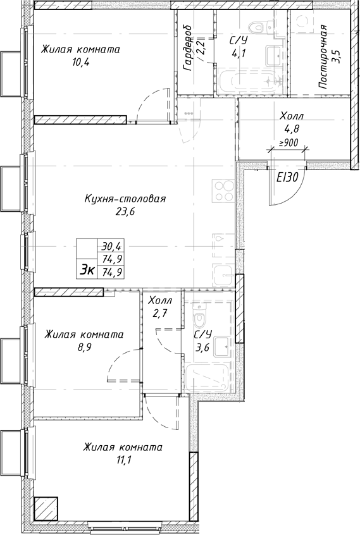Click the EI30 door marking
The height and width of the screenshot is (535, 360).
[287, 178]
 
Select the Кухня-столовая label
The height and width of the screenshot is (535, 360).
[125, 199]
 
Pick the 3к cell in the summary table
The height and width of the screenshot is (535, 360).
[87, 270]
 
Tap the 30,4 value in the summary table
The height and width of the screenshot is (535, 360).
[111, 247]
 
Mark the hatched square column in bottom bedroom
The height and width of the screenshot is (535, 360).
[46, 507]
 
